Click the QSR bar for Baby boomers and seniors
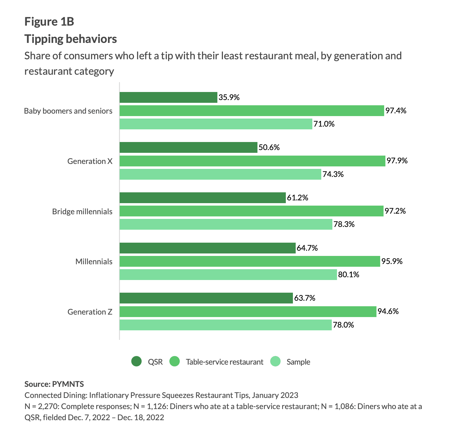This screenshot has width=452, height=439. (168, 98)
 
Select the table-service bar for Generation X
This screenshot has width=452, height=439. (252, 161)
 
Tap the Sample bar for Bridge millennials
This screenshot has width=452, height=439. (226, 224)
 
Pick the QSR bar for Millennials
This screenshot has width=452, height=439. (208, 248)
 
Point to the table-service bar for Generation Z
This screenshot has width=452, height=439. (248, 312)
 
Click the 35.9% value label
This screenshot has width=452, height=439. (229, 98)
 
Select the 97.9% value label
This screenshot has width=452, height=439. (397, 161)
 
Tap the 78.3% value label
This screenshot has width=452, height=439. (344, 224)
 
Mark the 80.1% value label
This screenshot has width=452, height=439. (349, 275)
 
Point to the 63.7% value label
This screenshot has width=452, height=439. (305, 298)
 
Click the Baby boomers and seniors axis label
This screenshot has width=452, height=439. (68, 111)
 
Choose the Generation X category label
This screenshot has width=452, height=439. (90, 161)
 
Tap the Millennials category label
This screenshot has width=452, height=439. (94, 262)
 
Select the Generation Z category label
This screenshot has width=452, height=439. (90, 312)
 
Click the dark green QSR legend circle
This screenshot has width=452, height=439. (136, 362)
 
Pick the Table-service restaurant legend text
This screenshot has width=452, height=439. (224, 362)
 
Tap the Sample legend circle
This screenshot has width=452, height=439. (275, 362)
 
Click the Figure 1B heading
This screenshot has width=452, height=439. (49, 22)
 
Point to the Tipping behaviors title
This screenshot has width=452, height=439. (71, 39)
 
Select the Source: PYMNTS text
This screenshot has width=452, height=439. (54, 384)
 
